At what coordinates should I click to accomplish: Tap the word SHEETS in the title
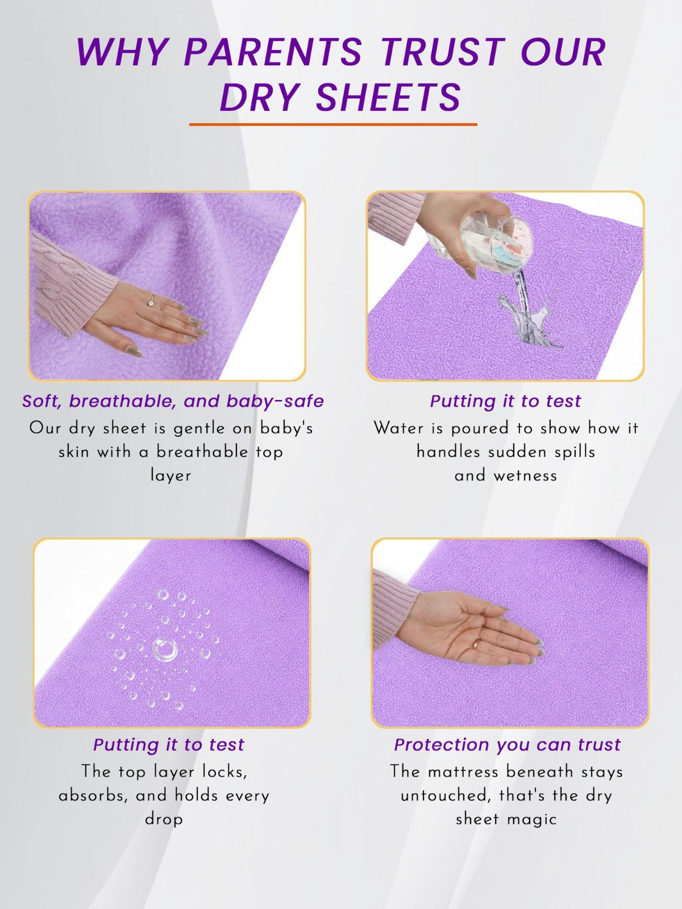(389, 97)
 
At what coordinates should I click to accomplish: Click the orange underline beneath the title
(333, 124)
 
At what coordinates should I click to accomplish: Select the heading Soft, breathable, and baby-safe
(173, 401)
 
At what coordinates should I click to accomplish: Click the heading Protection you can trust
(508, 745)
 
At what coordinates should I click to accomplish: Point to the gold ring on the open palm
(477, 644)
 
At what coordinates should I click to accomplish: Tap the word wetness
(526, 476)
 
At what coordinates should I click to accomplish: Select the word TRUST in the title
(442, 52)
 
